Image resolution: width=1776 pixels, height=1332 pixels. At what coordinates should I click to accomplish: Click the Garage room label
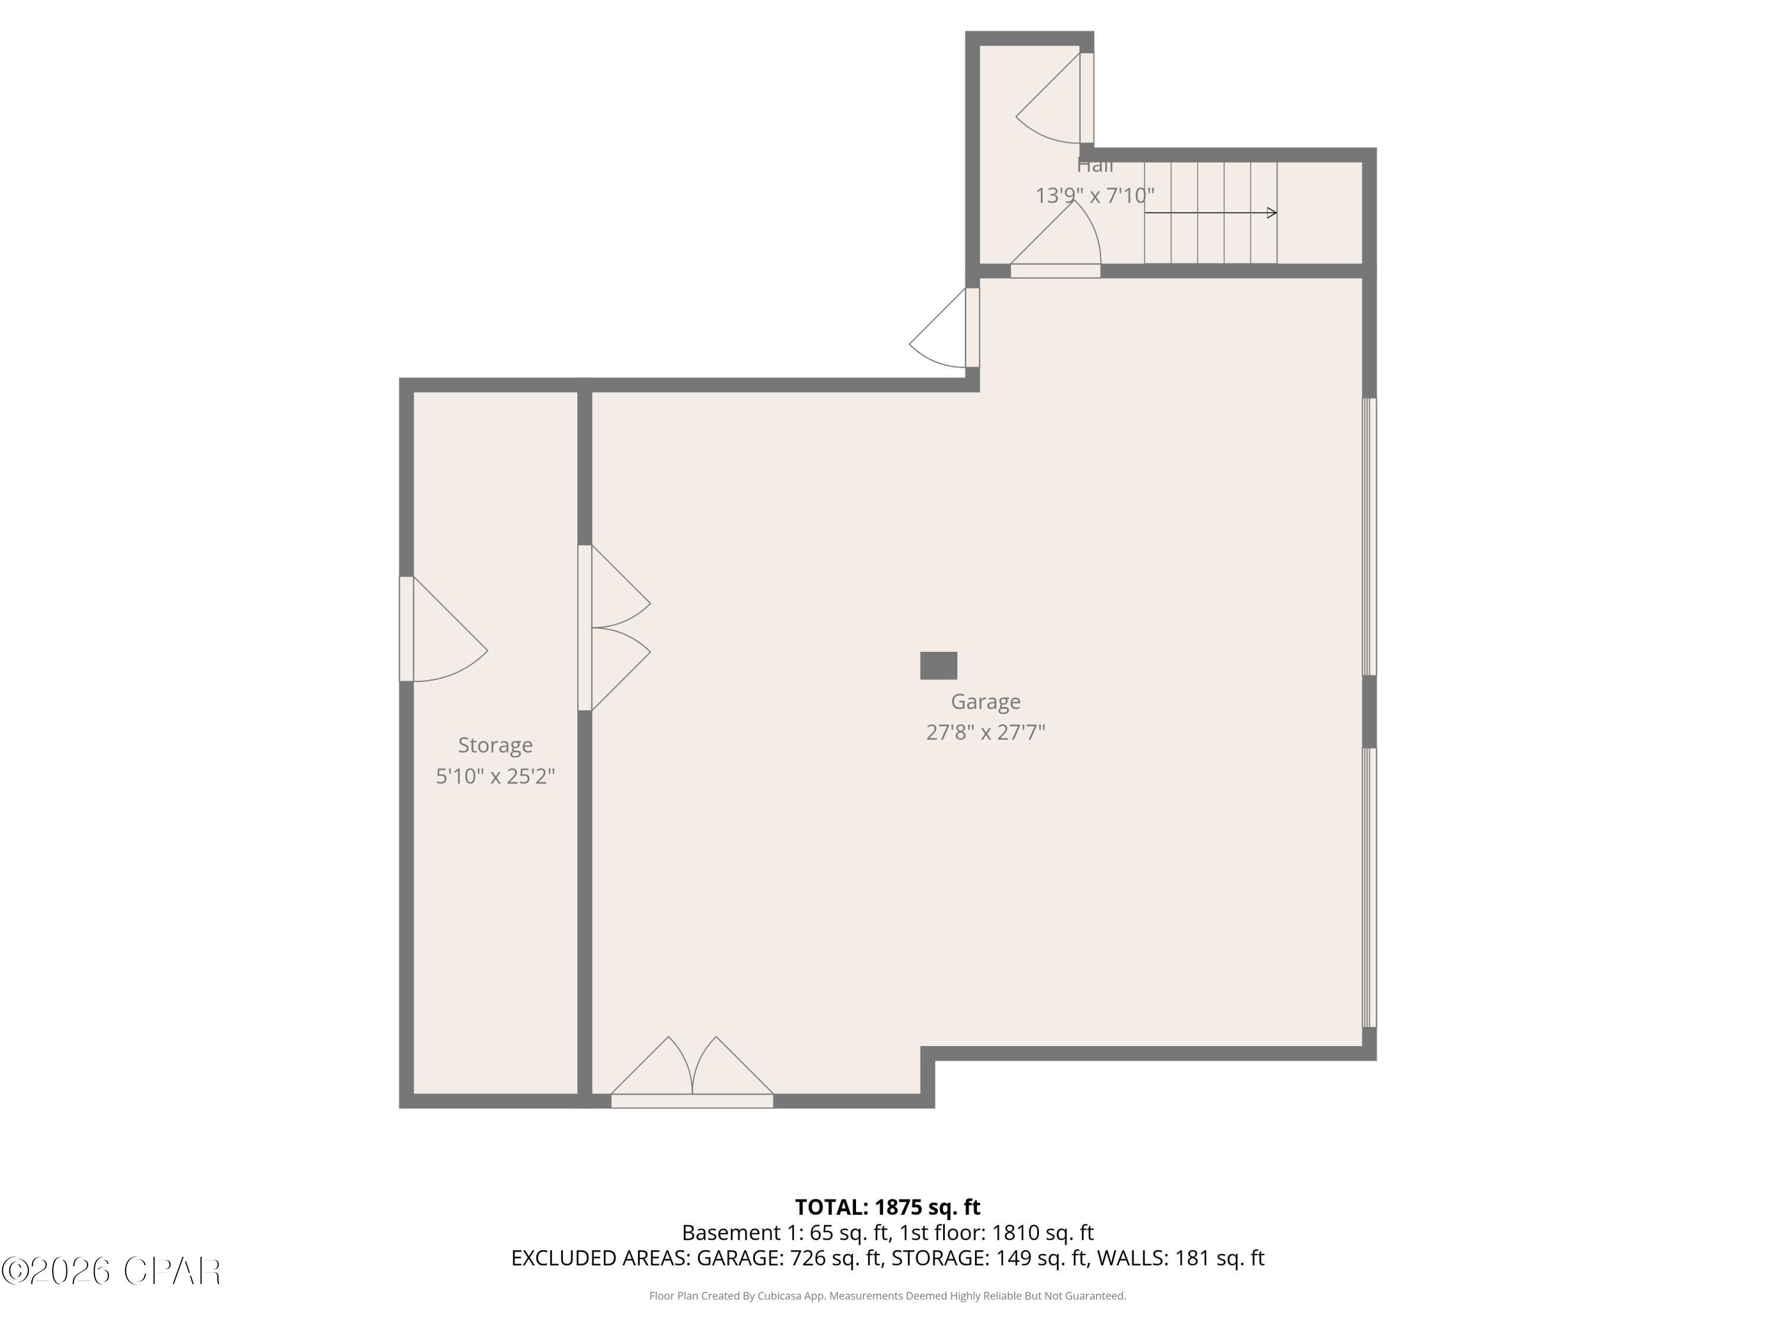(985, 702)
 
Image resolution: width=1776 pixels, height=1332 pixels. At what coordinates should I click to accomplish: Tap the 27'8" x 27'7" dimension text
(985, 732)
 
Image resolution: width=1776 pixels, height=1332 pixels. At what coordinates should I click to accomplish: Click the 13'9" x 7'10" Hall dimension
(1095, 195)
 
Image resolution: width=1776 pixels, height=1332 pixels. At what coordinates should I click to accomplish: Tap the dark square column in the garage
(938, 665)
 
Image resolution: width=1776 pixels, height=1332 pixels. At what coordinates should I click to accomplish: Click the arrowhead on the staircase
(1272, 213)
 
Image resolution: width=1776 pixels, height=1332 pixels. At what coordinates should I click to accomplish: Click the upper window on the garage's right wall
(1370, 536)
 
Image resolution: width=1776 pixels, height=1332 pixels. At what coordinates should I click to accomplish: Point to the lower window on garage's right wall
(1370, 887)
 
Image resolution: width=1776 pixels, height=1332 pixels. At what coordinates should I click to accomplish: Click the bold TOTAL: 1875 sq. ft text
(887, 1206)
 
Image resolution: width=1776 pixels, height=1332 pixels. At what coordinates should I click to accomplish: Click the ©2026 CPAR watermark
(112, 1271)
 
